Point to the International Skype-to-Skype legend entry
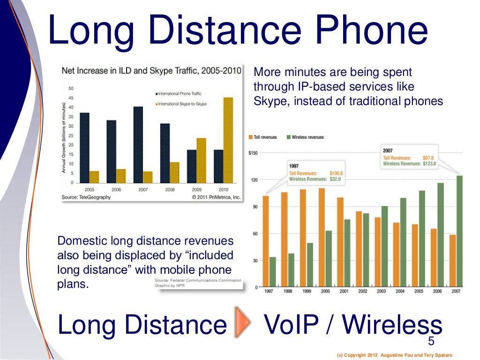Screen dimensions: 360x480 (x=181, y=104)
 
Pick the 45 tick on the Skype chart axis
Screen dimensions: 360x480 (x=71, y=98)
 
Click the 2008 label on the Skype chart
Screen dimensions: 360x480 (x=170, y=190)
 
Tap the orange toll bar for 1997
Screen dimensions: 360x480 (x=266, y=241)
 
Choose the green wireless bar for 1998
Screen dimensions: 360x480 (x=291, y=270)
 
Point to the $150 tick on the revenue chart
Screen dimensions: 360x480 (x=252, y=153)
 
